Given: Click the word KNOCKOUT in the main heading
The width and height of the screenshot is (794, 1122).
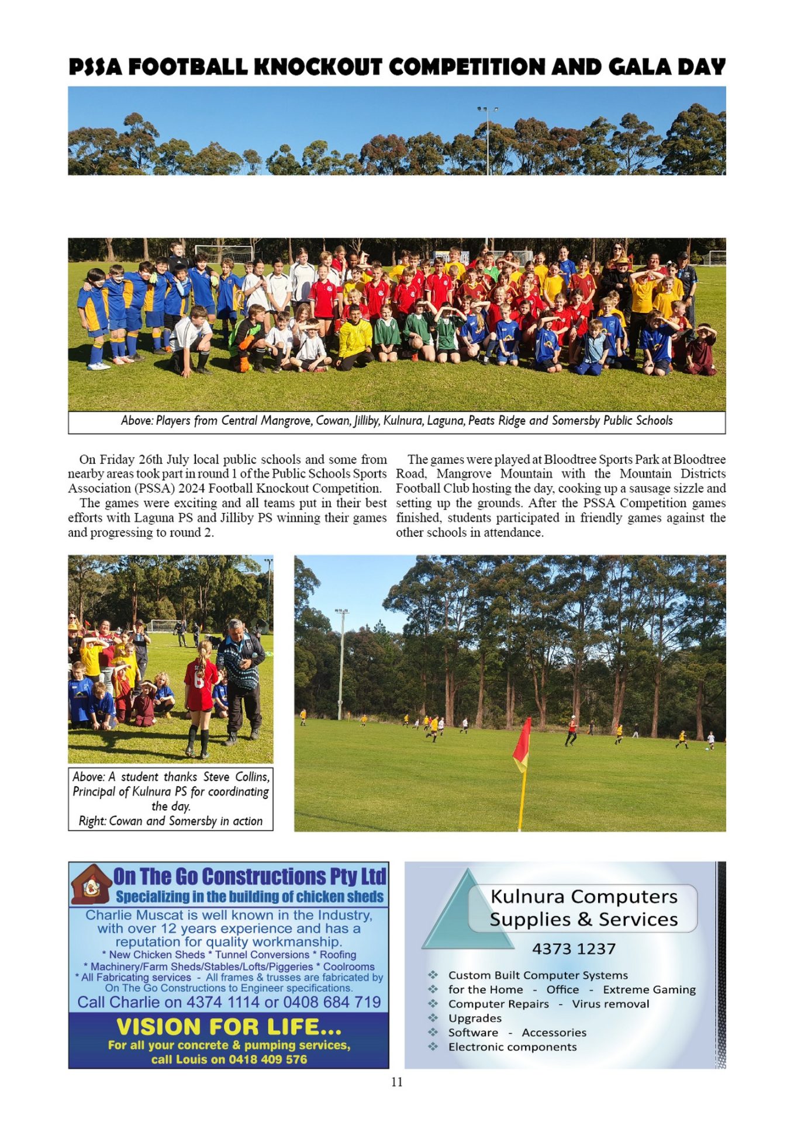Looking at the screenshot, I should click(x=318, y=67).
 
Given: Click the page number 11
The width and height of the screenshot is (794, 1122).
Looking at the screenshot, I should click(x=397, y=1082).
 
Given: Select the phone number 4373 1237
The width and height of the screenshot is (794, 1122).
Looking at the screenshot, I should click(x=574, y=949).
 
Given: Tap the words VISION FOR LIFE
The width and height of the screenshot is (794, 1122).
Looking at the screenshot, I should click(x=229, y=1027).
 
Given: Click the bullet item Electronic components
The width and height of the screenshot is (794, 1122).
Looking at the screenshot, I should click(x=512, y=1047).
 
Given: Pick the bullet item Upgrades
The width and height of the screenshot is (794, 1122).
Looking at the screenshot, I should click(x=475, y=1018).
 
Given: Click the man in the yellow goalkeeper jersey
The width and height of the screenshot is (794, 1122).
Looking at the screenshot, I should click(x=354, y=339).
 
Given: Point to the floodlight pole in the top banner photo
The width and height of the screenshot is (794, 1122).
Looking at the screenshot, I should click(x=487, y=140).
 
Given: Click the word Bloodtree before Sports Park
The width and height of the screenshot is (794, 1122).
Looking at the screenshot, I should click(x=570, y=459).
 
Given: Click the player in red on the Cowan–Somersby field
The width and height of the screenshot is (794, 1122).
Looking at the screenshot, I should click(x=571, y=730).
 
